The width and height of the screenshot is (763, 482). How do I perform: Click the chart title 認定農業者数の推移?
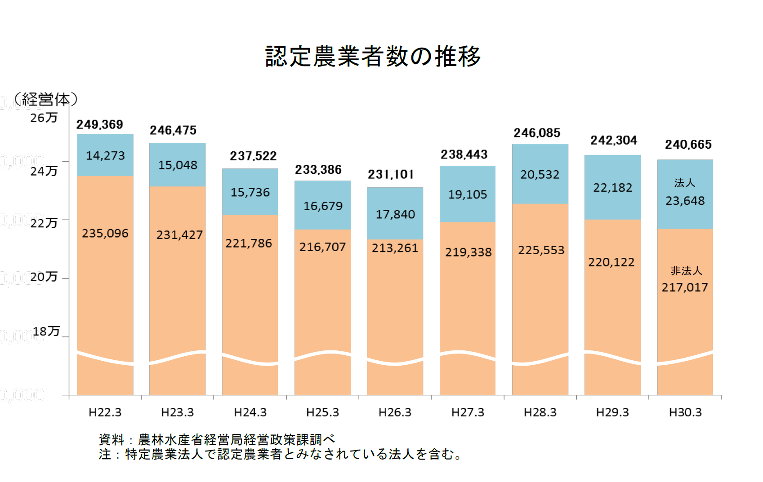pos(373,57)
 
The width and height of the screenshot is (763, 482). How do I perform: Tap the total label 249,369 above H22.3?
pos(99,124)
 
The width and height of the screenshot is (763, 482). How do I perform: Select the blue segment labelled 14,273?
pos(105,155)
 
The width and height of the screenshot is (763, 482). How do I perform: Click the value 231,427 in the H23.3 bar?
pos(179,235)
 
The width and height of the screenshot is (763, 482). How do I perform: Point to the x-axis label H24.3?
pos(250,412)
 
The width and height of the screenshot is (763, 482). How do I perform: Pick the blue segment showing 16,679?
pos(323,206)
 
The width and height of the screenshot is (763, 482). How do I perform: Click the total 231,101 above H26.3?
pos(390,174)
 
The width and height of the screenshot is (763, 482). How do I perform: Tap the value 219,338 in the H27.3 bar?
pos(468,252)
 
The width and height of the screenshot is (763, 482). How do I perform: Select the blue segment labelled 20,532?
pos(540,174)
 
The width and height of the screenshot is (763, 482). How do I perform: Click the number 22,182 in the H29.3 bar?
pos(612,188)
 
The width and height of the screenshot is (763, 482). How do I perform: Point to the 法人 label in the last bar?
pos(684,183)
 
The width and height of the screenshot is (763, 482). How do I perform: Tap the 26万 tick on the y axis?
pos(44,118)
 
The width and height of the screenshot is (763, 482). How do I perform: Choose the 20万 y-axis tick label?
pos(44,277)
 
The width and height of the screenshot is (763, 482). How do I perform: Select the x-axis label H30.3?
pos(685,412)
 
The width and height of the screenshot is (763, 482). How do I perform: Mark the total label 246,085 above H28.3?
pos(537,133)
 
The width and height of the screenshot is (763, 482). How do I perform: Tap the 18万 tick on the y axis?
pos(46,332)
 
